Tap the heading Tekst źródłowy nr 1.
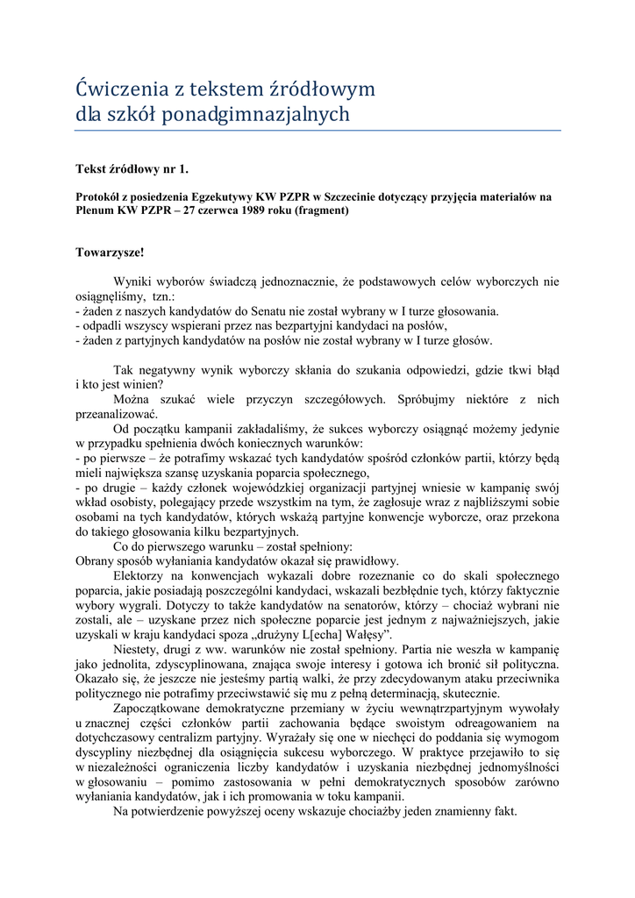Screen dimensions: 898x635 132,167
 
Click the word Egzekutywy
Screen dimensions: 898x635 218,197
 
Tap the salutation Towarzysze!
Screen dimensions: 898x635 110,252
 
